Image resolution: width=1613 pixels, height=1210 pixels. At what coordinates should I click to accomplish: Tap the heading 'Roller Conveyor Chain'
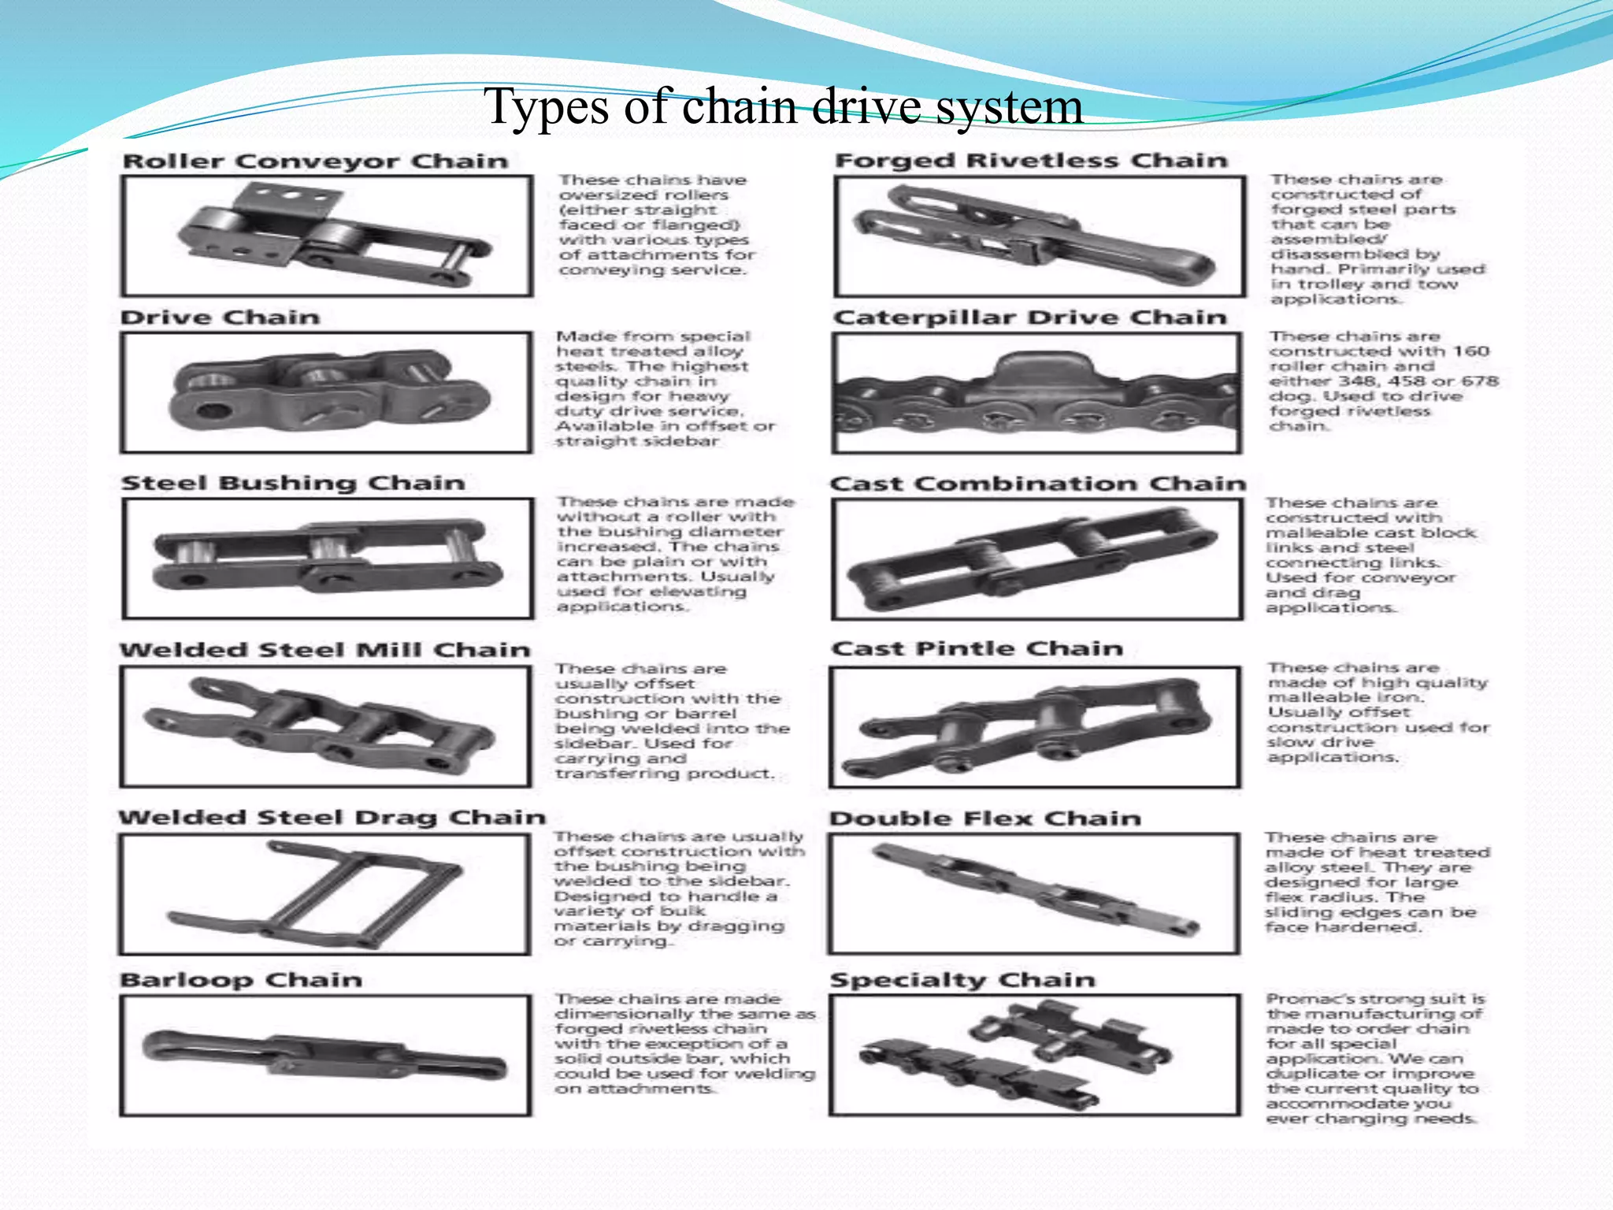[x=315, y=161]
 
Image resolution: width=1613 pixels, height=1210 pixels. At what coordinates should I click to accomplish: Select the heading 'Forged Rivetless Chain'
[x=1031, y=161]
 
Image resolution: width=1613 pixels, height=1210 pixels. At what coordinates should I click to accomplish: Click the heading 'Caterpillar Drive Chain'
[x=1029, y=317]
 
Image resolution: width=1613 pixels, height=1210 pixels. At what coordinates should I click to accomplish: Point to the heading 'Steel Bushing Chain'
[x=292, y=483]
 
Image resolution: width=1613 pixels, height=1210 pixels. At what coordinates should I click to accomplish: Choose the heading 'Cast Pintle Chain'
[x=977, y=648]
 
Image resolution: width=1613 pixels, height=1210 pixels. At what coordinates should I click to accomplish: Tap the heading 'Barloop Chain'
[x=240, y=980]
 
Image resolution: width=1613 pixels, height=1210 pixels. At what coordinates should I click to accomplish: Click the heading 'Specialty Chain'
[x=962, y=980]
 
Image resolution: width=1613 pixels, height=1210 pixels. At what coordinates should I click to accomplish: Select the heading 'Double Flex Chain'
[x=984, y=818]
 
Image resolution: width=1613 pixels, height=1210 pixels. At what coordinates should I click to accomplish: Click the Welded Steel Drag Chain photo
[x=325, y=895]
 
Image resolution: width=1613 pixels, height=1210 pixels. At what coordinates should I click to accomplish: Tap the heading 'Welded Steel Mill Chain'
[x=324, y=650]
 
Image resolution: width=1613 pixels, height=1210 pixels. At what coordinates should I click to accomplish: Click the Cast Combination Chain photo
[x=1037, y=560]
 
